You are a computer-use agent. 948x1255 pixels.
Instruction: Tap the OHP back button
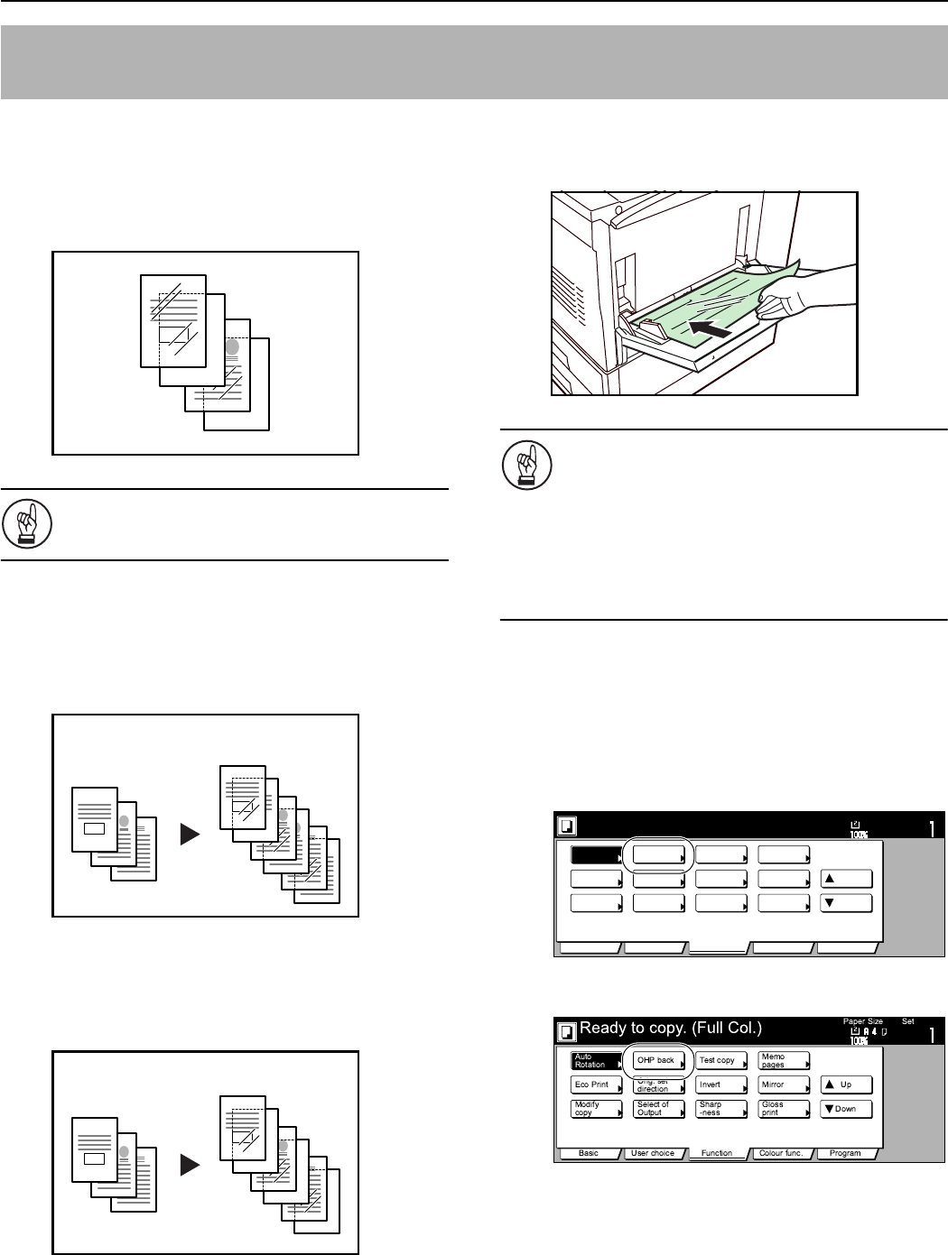[657, 1060]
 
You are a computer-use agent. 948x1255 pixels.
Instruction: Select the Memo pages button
[783, 1060]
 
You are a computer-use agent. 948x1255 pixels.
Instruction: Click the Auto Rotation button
[596, 1060]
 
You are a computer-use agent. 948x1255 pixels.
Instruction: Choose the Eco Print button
[596, 1084]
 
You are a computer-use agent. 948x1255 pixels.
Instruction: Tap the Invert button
[720, 1084]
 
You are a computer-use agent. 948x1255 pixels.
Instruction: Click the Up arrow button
[846, 1084]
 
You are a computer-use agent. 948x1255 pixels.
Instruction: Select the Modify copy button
[596, 1109]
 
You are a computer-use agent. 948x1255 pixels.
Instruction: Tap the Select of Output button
[657, 1109]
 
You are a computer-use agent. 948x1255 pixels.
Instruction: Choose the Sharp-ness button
[720, 1109]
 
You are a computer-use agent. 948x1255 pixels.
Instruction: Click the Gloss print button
[783, 1109]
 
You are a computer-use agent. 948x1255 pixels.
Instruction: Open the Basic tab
[589, 1153]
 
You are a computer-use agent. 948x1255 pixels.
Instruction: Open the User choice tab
[653, 1153]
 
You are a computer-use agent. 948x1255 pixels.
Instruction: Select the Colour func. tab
[782, 1153]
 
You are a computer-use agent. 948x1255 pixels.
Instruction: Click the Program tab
[846, 1153]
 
